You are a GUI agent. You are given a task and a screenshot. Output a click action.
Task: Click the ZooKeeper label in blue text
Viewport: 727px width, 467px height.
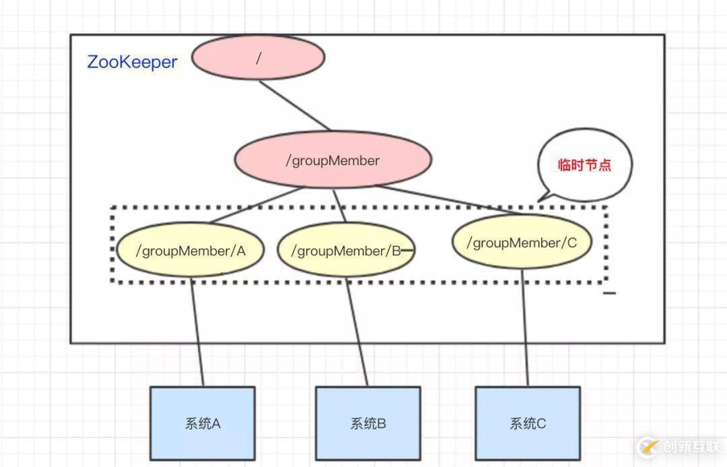[132, 62]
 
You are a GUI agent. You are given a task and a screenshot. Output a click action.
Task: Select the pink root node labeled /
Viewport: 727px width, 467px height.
[258, 58]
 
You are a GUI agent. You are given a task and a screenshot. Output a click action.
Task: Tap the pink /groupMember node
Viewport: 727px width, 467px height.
[333, 161]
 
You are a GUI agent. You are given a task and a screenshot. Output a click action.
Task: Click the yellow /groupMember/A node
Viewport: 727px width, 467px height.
[191, 251]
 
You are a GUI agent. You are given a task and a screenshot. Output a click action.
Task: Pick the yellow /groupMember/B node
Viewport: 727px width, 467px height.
[345, 251]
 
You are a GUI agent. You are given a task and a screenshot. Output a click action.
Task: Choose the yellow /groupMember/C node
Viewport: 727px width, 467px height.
[522, 243]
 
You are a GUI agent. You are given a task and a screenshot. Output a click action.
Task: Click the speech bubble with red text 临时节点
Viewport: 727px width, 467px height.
[584, 165]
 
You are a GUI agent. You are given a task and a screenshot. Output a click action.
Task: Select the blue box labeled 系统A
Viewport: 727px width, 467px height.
[202, 423]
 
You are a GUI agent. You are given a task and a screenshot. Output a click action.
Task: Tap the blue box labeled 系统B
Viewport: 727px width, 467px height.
[368, 423]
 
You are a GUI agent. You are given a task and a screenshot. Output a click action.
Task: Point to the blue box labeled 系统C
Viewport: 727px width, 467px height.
[527, 423]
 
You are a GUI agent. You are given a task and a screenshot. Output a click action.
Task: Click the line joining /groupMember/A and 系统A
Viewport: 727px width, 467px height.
[197, 330]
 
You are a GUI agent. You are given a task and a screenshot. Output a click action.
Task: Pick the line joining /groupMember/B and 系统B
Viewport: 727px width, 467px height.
[357, 330]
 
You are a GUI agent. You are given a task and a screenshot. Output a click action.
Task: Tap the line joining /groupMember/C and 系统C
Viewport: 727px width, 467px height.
[524, 327]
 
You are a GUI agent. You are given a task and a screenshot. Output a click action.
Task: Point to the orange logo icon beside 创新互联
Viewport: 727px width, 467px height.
[648, 447]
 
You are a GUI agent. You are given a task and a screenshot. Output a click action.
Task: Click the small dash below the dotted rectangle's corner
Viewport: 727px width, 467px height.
[609, 293]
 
